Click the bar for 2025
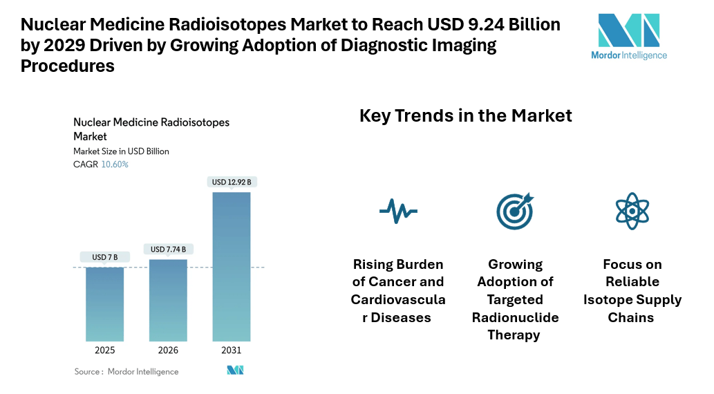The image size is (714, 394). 105,303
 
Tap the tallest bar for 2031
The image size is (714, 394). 232,266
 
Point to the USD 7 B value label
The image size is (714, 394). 105,257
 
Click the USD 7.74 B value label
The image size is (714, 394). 168,249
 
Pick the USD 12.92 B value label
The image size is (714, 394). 232,182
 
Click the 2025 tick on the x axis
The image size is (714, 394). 105,350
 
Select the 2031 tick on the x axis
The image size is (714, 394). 232,350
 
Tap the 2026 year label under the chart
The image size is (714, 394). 168,350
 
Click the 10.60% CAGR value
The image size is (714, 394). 115,165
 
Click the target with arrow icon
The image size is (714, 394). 515,210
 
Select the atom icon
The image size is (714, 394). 632,210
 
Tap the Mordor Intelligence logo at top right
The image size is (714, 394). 629,35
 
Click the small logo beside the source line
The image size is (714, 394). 235,370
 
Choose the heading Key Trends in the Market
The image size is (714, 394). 466,115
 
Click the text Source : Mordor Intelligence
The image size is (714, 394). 126,372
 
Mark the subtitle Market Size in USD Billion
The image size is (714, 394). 121,151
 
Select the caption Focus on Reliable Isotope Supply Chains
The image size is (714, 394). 632,291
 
